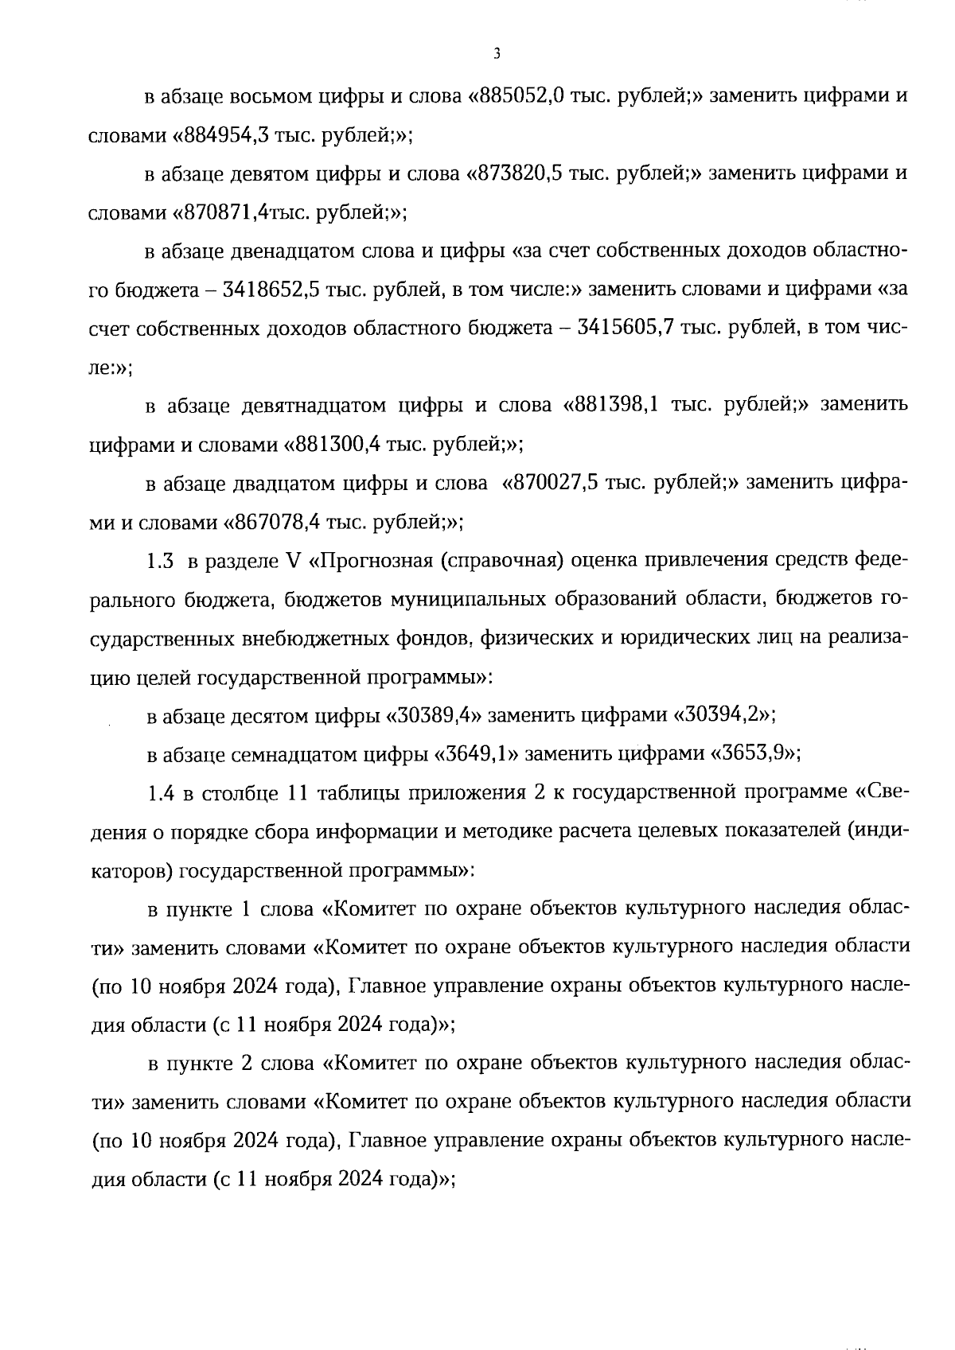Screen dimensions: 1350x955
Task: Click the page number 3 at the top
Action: point(496,54)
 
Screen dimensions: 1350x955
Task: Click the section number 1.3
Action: point(160,561)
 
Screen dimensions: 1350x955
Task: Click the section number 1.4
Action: point(161,793)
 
